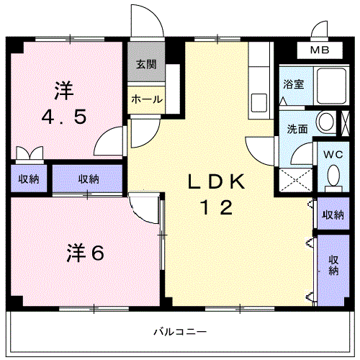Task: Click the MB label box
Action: (320, 50)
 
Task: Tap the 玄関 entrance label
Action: (146, 64)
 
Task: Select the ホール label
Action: (147, 99)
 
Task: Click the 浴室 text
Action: (294, 84)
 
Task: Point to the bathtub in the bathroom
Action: (331, 86)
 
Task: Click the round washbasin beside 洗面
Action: (326, 121)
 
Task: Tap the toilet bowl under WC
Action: (333, 176)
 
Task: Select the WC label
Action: (333, 155)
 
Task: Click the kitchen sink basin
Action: (259, 103)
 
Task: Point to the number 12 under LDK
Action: (217, 207)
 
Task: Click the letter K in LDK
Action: (236, 181)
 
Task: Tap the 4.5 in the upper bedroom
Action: (64, 117)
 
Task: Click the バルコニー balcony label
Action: (180, 332)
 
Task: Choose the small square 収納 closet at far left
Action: (29, 179)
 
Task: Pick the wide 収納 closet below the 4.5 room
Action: (88, 179)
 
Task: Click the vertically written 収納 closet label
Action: (333, 265)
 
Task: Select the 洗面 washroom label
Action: (297, 129)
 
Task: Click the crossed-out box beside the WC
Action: (345, 123)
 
